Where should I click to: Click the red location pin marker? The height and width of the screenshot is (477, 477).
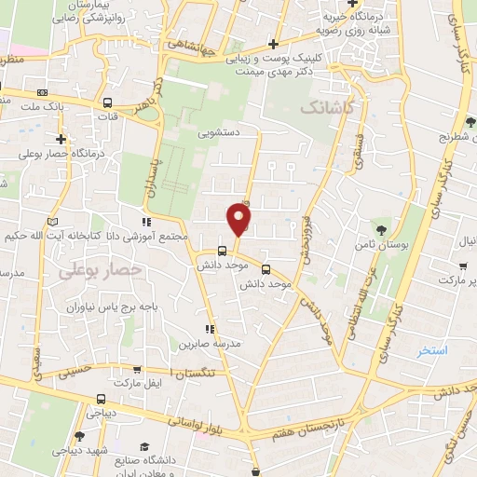pos(239,220)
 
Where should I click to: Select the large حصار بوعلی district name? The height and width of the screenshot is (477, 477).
pos(99,270)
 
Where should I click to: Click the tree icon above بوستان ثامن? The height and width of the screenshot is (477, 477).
pos(381,228)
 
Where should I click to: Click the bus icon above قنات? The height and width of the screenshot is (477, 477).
pos(109,103)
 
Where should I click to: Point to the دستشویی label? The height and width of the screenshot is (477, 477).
pos(217,133)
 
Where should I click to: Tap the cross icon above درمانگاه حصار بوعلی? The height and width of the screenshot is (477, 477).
pos(34,138)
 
